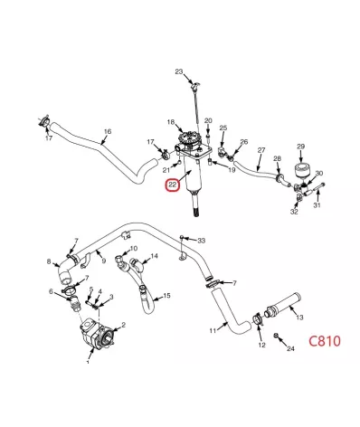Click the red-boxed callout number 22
pos(172,185)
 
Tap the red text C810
pos(325,341)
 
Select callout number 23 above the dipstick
pos(179,71)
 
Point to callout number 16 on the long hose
pos(108,131)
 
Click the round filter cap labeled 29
pos(301,171)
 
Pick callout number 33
pos(202,241)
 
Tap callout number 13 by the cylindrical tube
pos(299,318)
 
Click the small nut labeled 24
pos(275,336)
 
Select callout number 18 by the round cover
pos(171,122)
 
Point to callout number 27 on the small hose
pos(261,150)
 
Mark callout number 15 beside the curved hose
pos(166,296)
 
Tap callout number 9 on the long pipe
pos(104,261)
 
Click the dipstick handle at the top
pos(195,85)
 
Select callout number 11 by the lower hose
pos(213,331)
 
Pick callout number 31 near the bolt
pos(317,205)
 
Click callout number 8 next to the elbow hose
pos(49,261)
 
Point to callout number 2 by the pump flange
pos(123,325)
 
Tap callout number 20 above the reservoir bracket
pos(208,121)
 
